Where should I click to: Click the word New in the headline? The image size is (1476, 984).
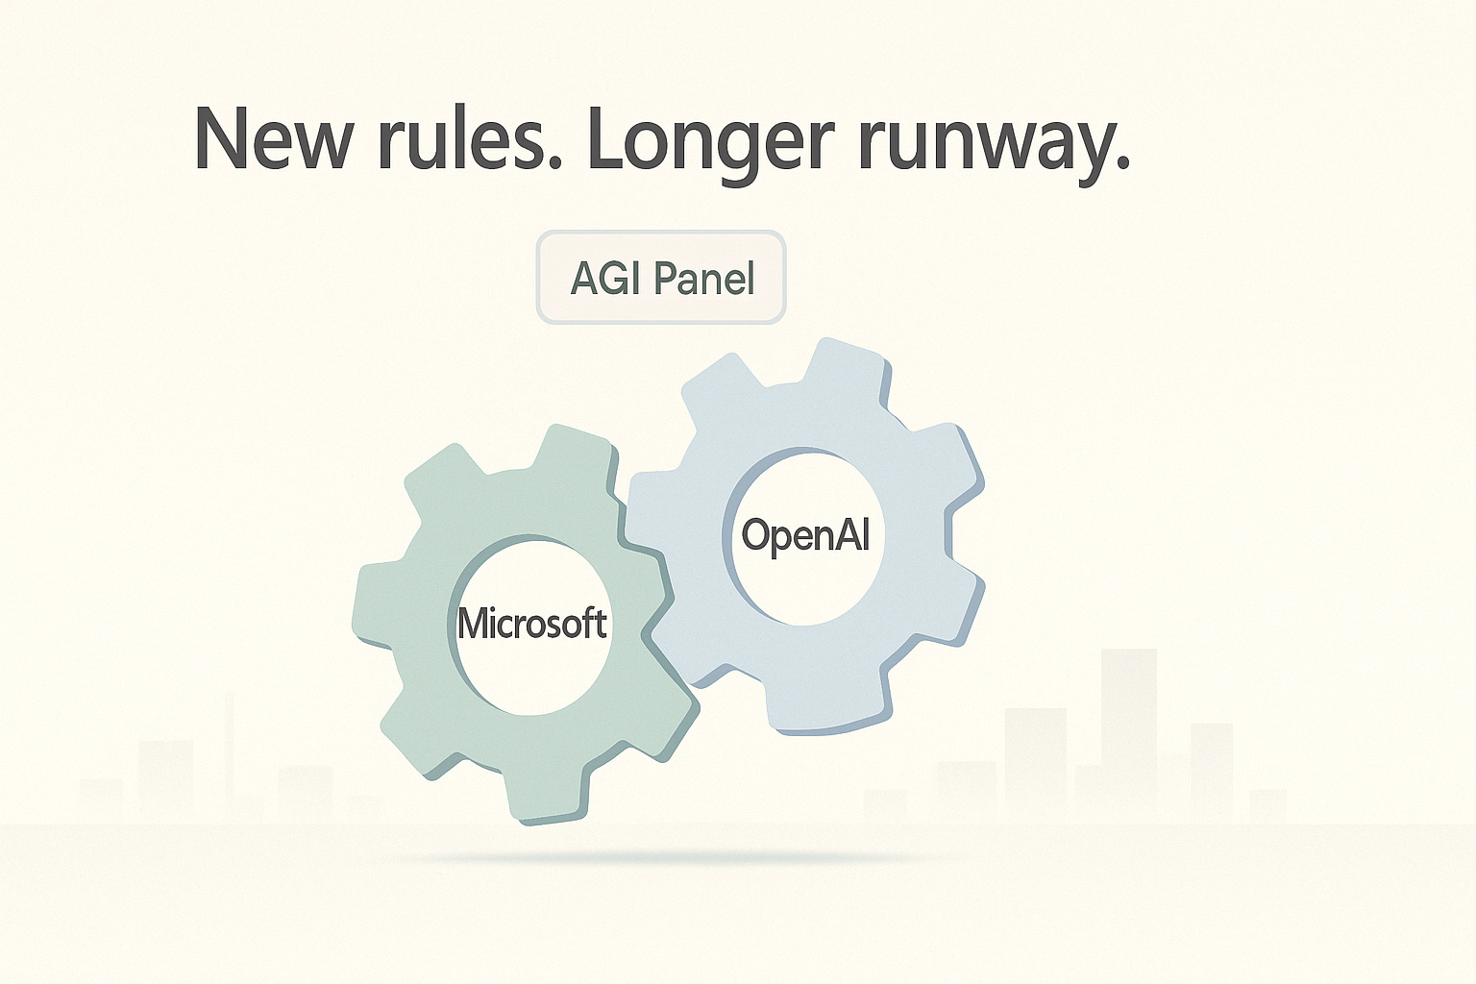(273, 139)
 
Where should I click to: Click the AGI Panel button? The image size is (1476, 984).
(661, 278)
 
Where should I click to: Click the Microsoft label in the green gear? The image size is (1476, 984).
(531, 624)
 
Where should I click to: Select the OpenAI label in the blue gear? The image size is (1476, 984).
(805, 535)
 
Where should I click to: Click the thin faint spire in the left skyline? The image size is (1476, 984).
(229, 750)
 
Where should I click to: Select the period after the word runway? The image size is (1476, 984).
(1121, 165)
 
